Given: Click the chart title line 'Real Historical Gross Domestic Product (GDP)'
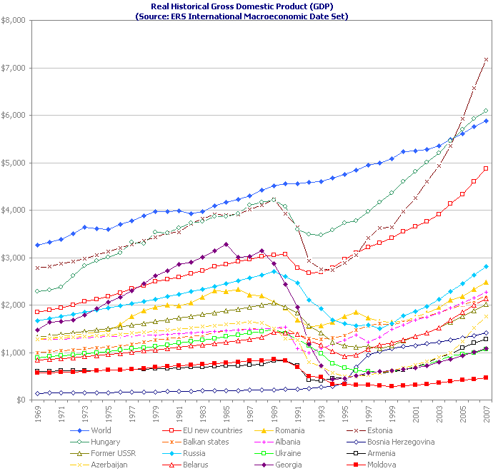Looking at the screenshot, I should pos(246,6).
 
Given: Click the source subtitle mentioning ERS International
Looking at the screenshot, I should pos(246,15).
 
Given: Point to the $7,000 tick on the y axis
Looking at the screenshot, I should pos(15,68).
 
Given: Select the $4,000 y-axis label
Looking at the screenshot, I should pos(15,211).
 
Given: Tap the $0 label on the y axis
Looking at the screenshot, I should pos(21,400).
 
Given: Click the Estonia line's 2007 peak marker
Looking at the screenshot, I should pos(486,59).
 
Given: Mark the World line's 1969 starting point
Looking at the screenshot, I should pos(37,245).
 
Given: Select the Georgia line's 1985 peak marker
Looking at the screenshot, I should pos(226,244).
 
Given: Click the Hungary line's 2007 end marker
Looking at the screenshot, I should pos(486,111).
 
